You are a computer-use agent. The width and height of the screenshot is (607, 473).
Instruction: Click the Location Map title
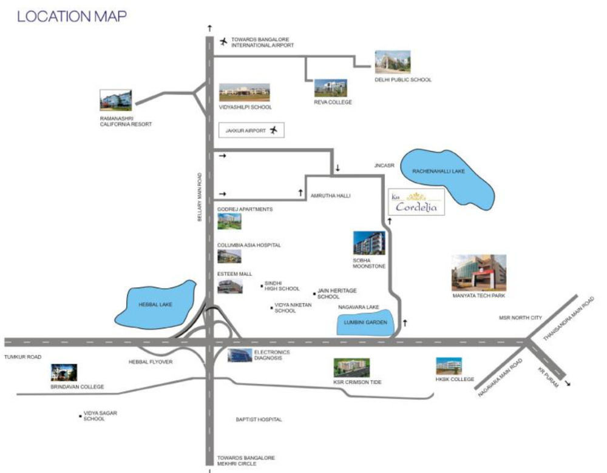72,16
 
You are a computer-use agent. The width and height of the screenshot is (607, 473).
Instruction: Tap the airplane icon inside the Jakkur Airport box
274,130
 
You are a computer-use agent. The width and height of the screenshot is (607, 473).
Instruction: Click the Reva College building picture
330,88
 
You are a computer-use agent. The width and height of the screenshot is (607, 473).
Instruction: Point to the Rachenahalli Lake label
438,172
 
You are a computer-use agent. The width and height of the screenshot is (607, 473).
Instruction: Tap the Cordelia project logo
416,203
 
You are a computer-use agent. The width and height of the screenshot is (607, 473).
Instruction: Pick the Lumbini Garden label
365,322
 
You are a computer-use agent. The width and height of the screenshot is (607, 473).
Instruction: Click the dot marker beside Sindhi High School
261,286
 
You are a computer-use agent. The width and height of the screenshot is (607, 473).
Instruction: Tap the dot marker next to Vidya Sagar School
80,416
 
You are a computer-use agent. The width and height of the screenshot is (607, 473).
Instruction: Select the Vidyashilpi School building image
244,93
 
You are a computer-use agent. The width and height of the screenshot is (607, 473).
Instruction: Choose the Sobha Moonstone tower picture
369,243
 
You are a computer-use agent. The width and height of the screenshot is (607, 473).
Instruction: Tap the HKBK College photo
449,366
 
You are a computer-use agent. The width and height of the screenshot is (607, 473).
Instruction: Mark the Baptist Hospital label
259,420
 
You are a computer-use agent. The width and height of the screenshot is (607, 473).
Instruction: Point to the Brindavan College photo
64,372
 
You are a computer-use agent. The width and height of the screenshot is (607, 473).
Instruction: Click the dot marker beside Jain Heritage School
313,292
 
